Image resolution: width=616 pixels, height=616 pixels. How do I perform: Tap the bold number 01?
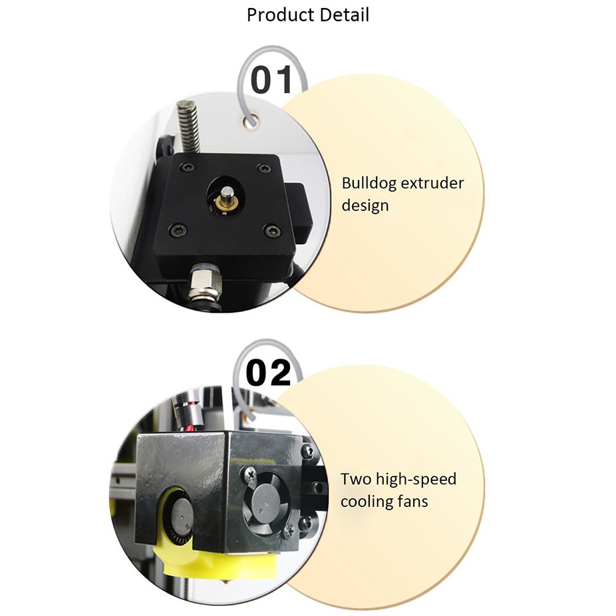[271, 80]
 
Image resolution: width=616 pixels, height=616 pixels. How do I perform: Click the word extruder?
[433, 184]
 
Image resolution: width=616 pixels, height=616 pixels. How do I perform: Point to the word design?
[365, 206]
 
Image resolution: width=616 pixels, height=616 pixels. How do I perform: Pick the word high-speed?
[417, 480]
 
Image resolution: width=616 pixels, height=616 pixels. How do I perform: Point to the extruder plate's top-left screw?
[187, 166]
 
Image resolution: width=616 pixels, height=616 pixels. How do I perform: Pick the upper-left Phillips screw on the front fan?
[251, 473]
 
